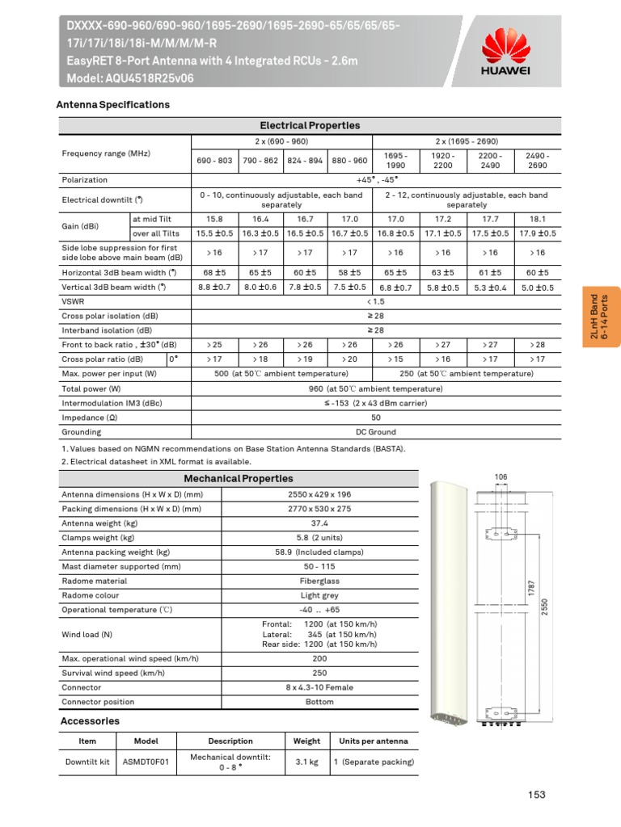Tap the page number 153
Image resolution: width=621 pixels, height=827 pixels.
click(538, 796)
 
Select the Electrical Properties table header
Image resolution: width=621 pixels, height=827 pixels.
click(310, 125)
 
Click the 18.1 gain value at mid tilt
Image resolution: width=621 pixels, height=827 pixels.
click(537, 218)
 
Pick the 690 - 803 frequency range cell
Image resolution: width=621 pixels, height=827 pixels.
click(214, 160)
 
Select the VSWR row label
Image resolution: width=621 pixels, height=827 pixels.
click(74, 301)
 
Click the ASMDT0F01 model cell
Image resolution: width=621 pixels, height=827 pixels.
click(146, 762)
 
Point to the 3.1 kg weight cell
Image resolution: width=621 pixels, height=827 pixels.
click(306, 762)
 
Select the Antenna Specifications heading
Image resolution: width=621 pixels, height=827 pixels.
click(112, 105)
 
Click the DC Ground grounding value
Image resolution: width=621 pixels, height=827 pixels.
click(375, 432)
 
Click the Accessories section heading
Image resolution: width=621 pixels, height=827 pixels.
click(90, 720)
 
